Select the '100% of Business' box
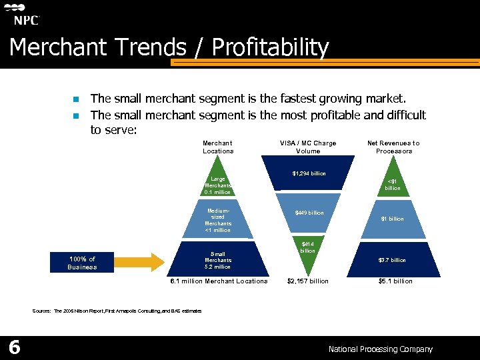point(82,263)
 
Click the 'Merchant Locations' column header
point(218,147)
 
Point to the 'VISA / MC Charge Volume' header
point(307,147)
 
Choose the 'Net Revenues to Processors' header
point(393,147)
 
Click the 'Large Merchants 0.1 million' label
point(218,185)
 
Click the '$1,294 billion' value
point(309,174)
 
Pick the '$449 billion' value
point(309,213)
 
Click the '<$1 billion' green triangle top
point(393,185)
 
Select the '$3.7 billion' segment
point(393,261)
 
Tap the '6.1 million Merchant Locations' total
point(219,281)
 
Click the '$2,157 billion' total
point(307,281)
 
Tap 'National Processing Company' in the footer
point(380,349)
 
